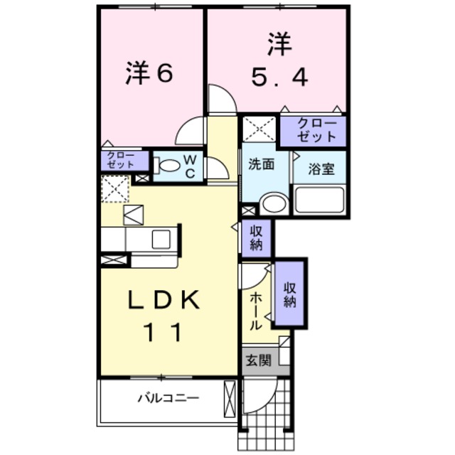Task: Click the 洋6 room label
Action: [x=149, y=75]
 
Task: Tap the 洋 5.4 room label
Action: [x=279, y=62]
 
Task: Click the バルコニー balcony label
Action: [x=168, y=399]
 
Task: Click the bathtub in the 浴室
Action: [x=320, y=200]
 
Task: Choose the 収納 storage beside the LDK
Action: [x=256, y=237]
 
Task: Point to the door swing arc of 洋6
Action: [x=190, y=131]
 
